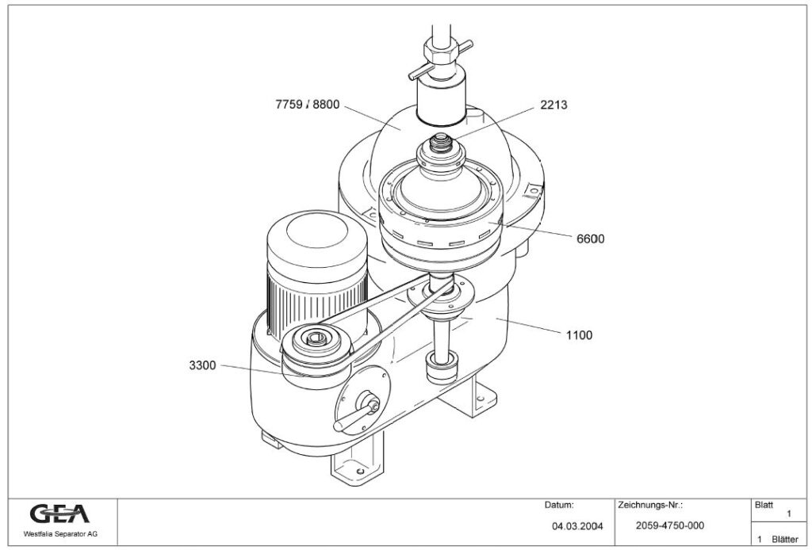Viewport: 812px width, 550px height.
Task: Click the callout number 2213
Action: point(553,105)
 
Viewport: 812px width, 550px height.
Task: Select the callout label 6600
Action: point(590,239)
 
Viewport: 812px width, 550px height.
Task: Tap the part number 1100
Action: point(579,334)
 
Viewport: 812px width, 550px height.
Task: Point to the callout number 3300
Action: point(202,365)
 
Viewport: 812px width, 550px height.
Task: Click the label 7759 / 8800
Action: point(308,105)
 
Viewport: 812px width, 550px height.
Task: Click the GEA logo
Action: point(59,514)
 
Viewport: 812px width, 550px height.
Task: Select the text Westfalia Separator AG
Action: point(60,534)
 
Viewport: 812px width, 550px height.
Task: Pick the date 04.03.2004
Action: point(577,526)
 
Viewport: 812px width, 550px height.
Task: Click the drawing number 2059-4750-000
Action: point(669,525)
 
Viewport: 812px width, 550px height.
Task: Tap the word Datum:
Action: point(559,505)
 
